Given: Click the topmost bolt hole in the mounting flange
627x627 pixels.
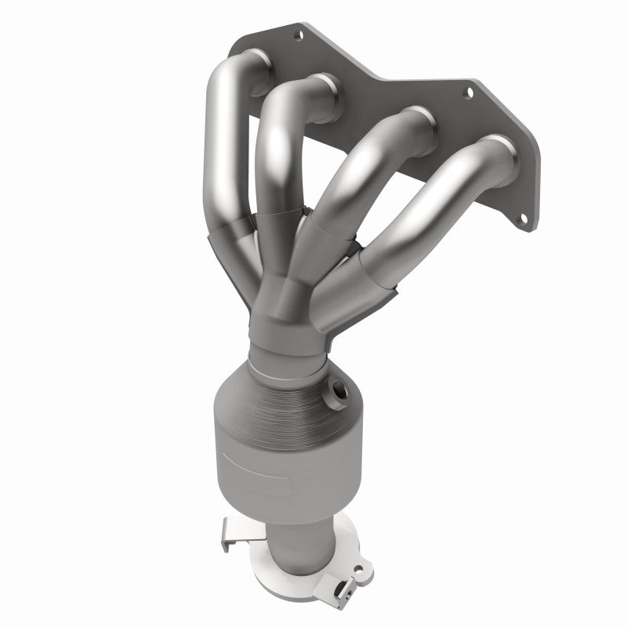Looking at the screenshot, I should click(298, 34).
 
